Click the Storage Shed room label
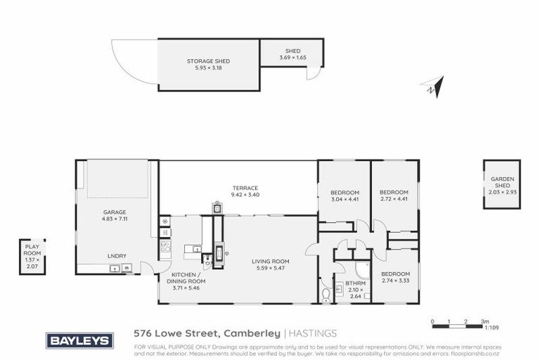[x=207, y=61]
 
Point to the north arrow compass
[x=433, y=87]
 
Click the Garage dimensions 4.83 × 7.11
[x=115, y=219]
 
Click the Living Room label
[x=271, y=262]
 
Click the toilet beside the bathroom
[x=326, y=294]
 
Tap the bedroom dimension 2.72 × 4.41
[x=394, y=199]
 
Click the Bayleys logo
[x=79, y=341]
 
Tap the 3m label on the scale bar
[x=484, y=321]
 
